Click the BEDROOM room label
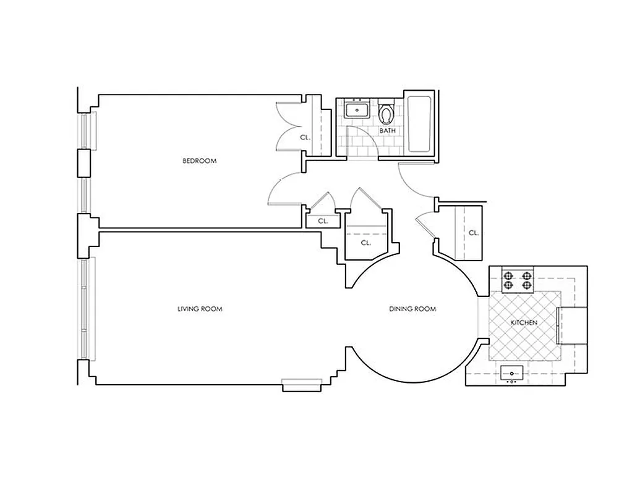point(199,161)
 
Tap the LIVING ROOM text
point(200,309)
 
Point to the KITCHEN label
point(523,323)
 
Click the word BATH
point(387,131)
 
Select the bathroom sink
point(357,111)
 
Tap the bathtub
point(422,124)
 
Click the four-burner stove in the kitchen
point(518,280)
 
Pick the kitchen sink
point(511,372)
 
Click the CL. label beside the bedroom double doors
point(304,138)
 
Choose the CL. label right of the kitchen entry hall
point(473,233)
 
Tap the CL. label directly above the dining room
point(365,243)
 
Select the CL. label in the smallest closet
point(322,220)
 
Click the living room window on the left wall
point(84,309)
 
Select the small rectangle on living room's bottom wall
point(302,385)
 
